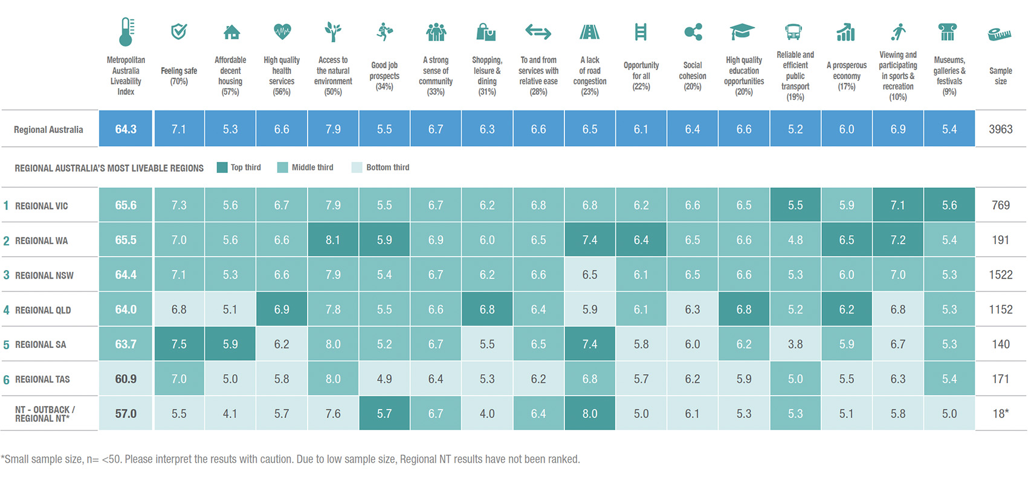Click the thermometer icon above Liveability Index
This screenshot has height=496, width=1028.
click(126, 32)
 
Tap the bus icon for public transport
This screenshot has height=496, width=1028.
click(794, 32)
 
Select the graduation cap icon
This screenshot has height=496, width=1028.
click(742, 31)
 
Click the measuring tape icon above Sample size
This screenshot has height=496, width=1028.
click(1000, 34)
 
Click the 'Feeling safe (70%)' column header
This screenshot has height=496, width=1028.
click(179, 76)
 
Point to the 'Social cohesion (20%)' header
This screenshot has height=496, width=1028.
click(693, 76)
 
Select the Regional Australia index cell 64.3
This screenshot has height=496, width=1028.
click(126, 129)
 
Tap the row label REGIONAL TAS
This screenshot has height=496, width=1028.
click(42, 379)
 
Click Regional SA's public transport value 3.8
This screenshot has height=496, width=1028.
click(795, 344)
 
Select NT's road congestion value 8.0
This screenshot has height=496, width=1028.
click(590, 414)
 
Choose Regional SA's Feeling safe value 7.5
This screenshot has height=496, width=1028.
click(179, 344)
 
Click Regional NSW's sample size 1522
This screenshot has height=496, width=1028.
click(1000, 275)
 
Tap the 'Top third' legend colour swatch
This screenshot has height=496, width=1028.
click(222, 167)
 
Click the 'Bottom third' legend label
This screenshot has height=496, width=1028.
click(387, 167)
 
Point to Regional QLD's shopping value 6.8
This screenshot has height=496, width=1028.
click(487, 309)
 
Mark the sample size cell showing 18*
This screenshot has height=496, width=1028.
click(1000, 414)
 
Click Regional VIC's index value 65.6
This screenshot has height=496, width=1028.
click(126, 205)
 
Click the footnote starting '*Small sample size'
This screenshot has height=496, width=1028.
click(290, 459)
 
